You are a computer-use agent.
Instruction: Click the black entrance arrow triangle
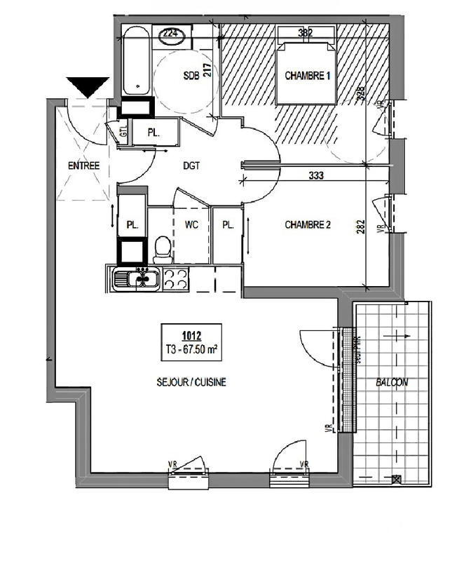pos(88,86)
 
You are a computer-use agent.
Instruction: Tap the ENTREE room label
pos(83,166)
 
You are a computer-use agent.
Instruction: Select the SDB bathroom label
pos(191,76)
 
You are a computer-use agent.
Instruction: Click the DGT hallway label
pos(191,166)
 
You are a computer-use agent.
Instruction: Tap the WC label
pos(191,225)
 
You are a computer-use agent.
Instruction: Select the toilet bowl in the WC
pos(163,249)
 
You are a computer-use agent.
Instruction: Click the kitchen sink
pos(137,279)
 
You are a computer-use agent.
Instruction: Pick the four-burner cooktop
pos(175,279)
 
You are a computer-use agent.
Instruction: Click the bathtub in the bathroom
pos(135,60)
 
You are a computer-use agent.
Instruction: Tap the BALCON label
pos(392,382)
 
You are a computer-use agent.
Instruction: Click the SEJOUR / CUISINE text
pos(191,382)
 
